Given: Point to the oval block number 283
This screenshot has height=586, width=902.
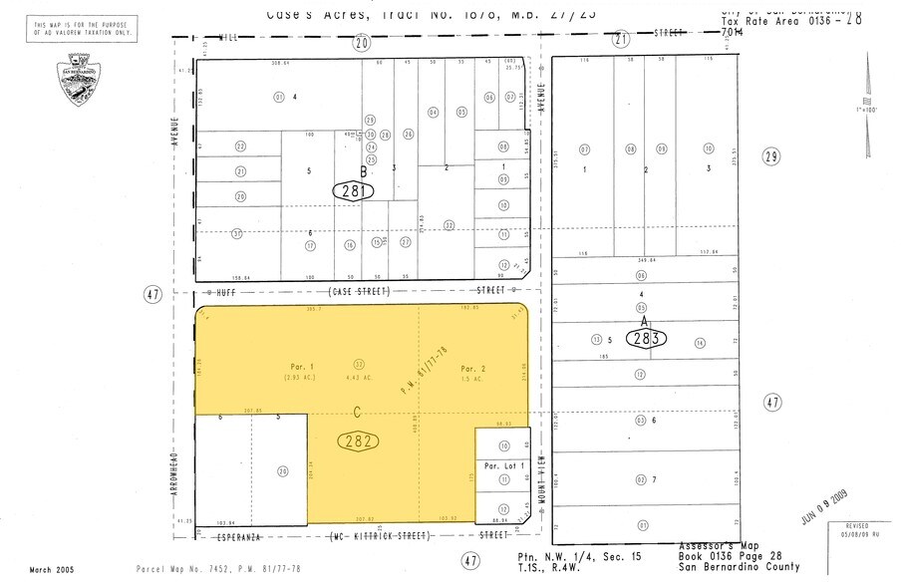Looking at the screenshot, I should (x=645, y=339).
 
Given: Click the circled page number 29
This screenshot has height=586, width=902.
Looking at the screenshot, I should (x=769, y=156).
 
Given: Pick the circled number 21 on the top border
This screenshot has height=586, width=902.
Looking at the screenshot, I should (x=622, y=41).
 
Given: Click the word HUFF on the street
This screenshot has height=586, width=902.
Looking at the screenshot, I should (x=231, y=293).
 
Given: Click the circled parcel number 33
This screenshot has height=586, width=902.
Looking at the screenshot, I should (x=359, y=363).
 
